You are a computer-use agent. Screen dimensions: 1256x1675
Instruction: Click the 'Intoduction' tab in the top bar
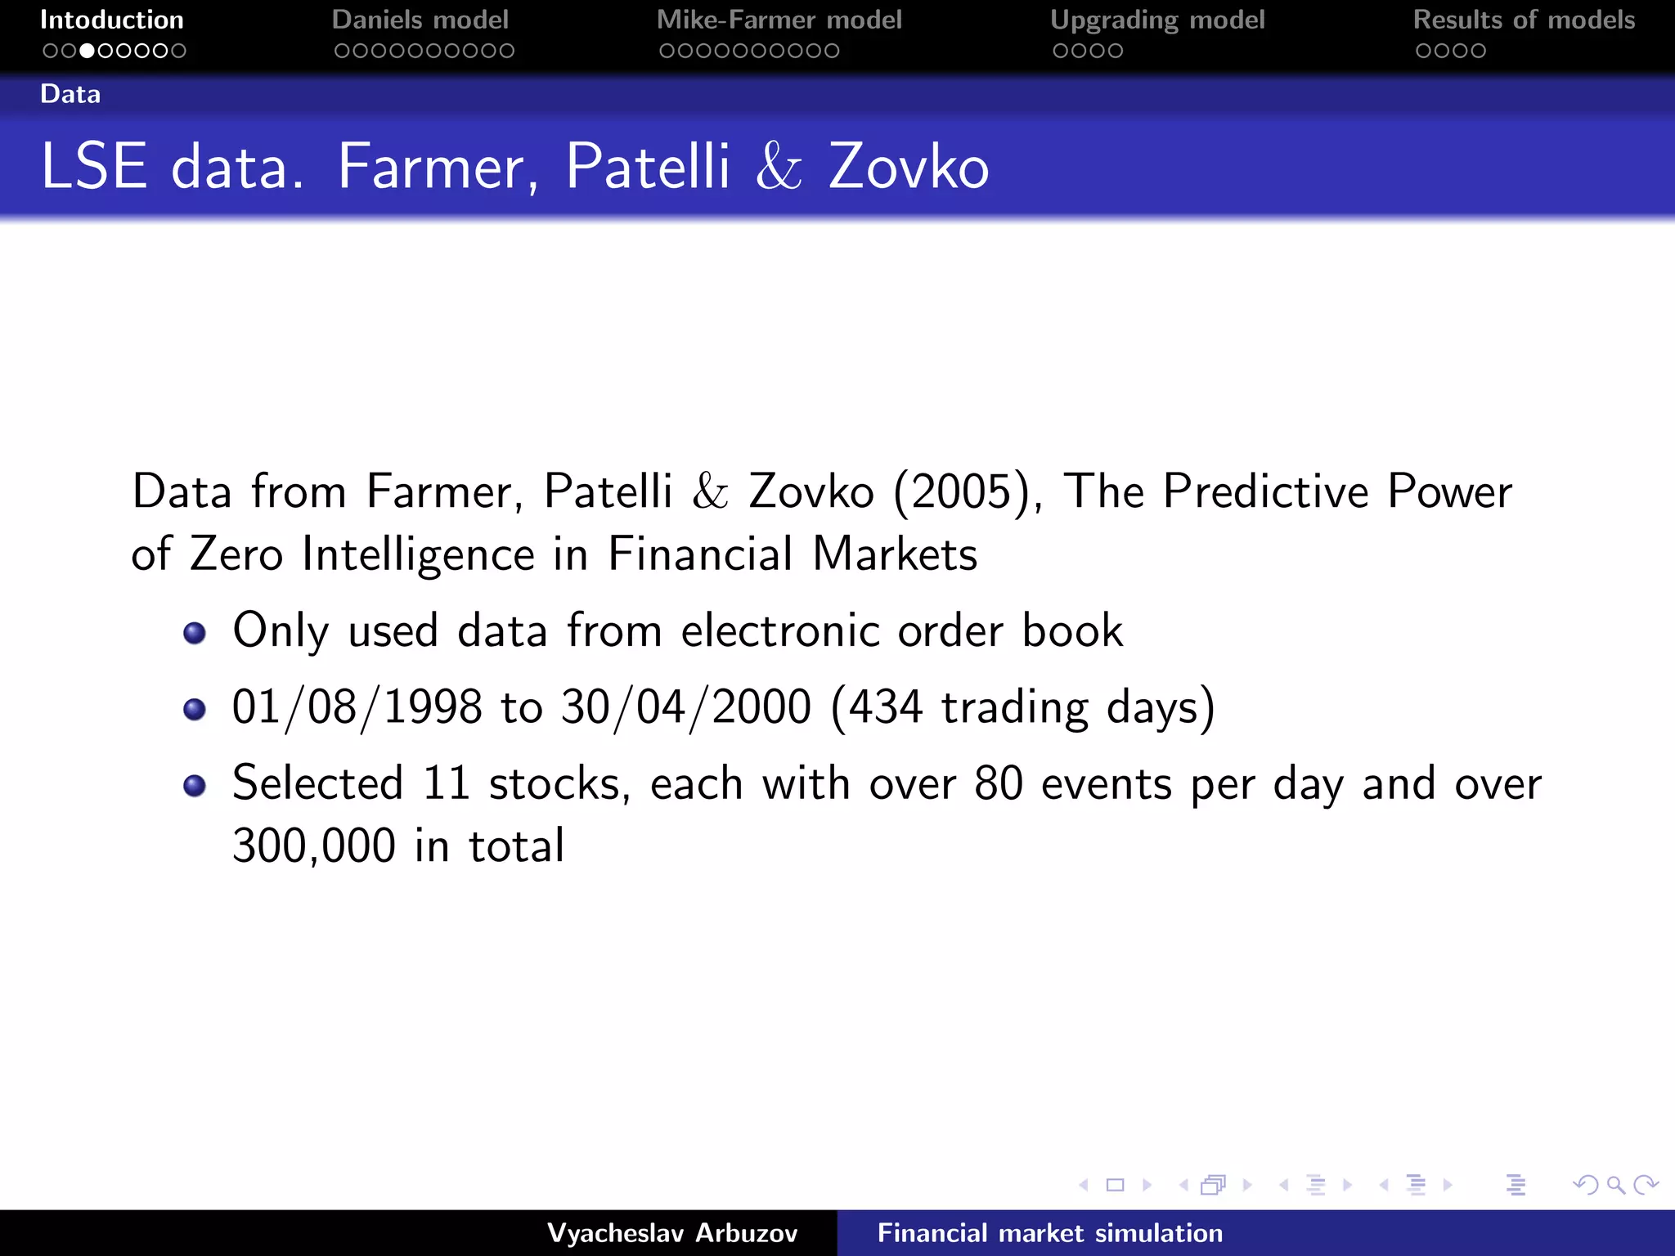click(x=112, y=20)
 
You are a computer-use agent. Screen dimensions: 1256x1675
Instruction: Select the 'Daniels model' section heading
click(x=420, y=20)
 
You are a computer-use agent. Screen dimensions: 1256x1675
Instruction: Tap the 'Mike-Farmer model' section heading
click(x=779, y=20)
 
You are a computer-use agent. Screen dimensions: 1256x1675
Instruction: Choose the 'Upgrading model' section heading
click(x=1157, y=20)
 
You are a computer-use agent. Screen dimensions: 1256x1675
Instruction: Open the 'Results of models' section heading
click(x=1524, y=20)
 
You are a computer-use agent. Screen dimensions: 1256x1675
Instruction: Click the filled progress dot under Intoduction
click(x=87, y=51)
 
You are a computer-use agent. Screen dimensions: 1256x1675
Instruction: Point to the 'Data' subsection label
click(x=70, y=94)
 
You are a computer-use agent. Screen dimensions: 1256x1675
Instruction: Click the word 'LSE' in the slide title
click(x=94, y=167)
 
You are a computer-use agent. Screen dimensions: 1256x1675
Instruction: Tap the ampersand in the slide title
click(x=779, y=167)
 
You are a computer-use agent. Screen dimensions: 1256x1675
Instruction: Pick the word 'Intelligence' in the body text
click(x=418, y=554)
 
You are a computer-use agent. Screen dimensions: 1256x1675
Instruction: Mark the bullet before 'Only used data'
click(x=195, y=633)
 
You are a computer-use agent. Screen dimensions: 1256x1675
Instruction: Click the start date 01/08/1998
click(x=357, y=707)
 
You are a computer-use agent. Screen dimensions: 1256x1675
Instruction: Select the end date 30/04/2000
click(x=686, y=707)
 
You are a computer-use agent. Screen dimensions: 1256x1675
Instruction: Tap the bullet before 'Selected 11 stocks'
click(x=195, y=786)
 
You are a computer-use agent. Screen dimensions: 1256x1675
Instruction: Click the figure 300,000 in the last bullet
click(x=314, y=846)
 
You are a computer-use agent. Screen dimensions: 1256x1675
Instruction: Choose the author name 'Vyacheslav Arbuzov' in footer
click(x=672, y=1233)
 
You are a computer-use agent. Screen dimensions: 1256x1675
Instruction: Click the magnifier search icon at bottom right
click(x=1615, y=1185)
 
